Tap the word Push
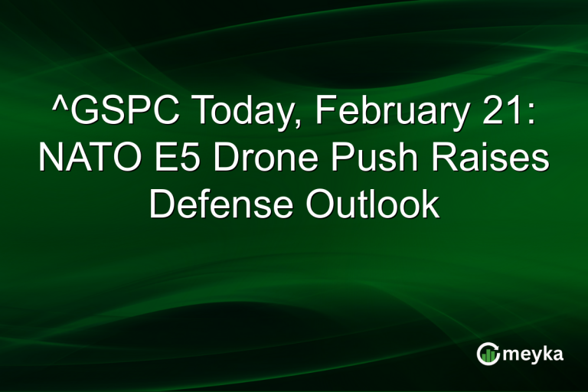pyautogui.click(x=373, y=160)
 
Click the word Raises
pyautogui.click(x=485, y=160)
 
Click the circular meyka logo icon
pyautogui.click(x=488, y=353)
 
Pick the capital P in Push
pyautogui.click(x=341, y=160)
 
